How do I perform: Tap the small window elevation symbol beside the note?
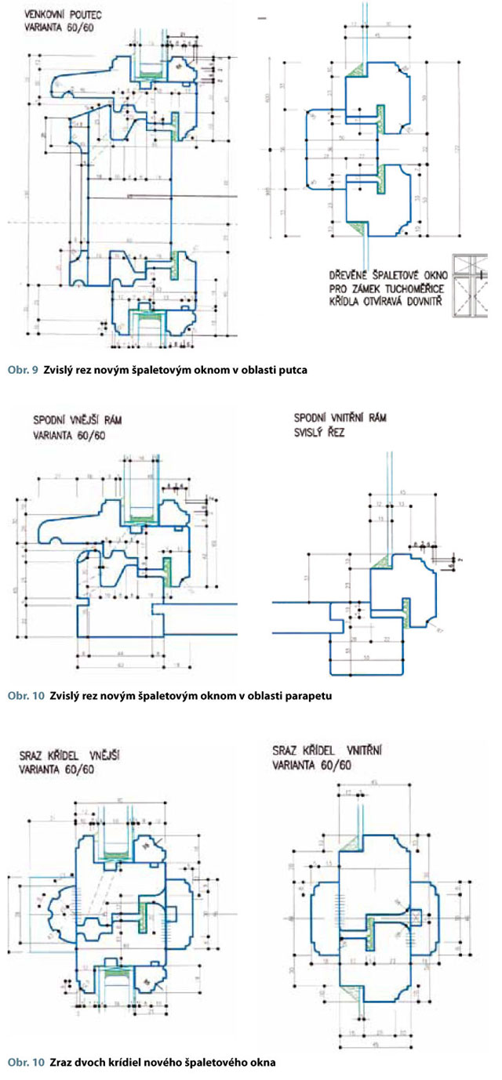pyautogui.click(x=467, y=288)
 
